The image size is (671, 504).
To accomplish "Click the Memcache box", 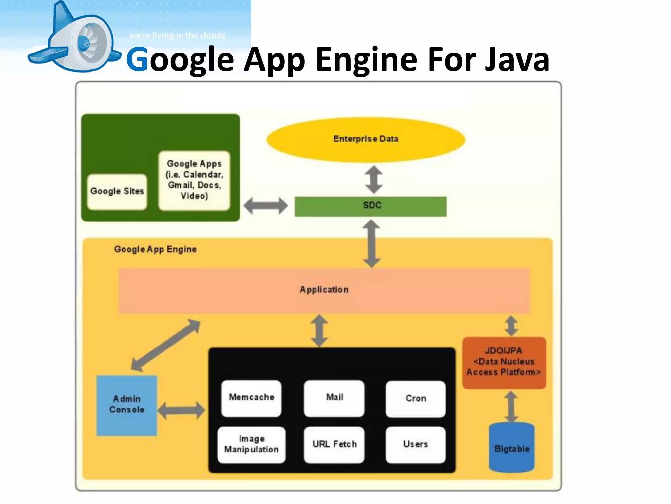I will (251, 398).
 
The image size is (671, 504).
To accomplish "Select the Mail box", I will (334, 398).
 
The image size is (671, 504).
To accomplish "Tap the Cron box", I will (415, 399).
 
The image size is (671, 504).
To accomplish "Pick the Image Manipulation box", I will (251, 445).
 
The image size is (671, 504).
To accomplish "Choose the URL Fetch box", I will (334, 445).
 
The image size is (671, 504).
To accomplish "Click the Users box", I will (415, 445).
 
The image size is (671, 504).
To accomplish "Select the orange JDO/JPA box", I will (504, 362).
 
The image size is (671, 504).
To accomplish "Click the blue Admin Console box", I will (126, 405).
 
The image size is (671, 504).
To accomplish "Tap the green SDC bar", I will (370, 206).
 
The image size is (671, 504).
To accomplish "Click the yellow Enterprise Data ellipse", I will (366, 139).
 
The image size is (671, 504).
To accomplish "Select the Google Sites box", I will (117, 192).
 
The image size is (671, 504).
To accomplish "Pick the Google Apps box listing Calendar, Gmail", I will (194, 180).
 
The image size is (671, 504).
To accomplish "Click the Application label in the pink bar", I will (324, 290).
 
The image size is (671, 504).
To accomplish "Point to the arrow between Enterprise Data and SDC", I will (374, 179).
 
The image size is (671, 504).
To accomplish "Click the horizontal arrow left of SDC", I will (266, 206).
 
